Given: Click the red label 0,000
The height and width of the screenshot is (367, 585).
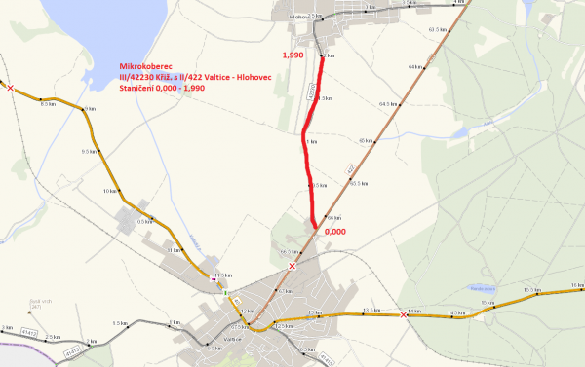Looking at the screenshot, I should pyautogui.click(x=335, y=233).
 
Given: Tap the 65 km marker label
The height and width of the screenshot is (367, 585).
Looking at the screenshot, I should pyautogui.click(x=367, y=141).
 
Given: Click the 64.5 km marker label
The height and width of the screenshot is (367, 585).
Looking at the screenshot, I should pyautogui.click(x=389, y=103).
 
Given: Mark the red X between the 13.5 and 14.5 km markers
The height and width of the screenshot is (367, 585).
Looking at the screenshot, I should pyautogui.click(x=404, y=314).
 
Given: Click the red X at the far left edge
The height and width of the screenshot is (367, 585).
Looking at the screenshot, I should pyautogui.click(x=10, y=88).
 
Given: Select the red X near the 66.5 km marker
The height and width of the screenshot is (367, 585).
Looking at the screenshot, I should pyautogui.click(x=291, y=266).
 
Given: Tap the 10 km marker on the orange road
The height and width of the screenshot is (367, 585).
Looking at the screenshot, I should pyautogui.click(x=110, y=191).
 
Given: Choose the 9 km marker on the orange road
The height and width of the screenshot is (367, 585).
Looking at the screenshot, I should pyautogui.click(x=91, y=108).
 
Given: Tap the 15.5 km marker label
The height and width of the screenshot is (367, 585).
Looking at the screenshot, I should pyautogui.click(x=532, y=290).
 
